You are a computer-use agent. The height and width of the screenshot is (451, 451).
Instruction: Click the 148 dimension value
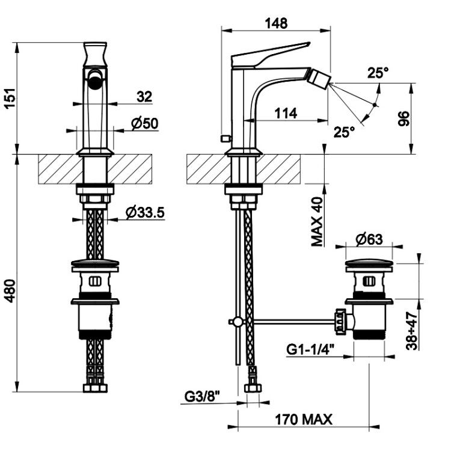point(276,23)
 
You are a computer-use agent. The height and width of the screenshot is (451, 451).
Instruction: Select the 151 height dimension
point(10,98)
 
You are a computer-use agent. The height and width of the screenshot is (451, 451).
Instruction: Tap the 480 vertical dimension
point(10,290)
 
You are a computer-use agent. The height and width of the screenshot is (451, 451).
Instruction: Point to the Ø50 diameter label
point(145,124)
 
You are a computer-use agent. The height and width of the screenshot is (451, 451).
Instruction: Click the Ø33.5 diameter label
point(145,212)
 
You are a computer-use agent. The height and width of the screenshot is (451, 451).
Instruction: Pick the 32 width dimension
point(144,97)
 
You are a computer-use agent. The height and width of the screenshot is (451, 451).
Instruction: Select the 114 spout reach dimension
point(285,113)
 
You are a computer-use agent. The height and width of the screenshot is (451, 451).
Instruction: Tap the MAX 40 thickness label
point(318,221)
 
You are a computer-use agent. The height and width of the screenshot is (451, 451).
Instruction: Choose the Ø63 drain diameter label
point(369,239)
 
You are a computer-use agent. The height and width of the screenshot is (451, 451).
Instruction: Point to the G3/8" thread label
point(202,397)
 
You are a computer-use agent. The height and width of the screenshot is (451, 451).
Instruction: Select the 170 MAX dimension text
point(304,419)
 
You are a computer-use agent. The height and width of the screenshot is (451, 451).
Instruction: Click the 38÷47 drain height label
point(412,331)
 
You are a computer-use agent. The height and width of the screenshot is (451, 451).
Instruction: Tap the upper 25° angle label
point(378,73)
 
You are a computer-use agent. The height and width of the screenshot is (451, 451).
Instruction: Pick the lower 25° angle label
point(345,132)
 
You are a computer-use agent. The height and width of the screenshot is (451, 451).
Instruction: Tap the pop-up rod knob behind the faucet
point(226,139)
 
